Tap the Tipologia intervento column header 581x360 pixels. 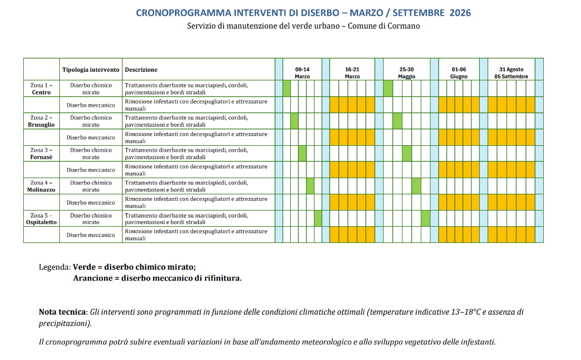(x=91, y=70)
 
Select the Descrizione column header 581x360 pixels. (x=141, y=70)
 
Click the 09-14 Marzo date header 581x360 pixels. (x=302, y=73)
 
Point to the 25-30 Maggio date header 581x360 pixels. (x=407, y=73)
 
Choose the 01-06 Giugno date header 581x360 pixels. (x=459, y=73)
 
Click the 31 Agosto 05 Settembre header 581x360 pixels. (x=511, y=73)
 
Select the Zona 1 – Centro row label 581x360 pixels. (x=41, y=89)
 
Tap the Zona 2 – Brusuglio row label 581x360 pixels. (x=41, y=121)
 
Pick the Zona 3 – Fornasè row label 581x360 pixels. (x=41, y=153)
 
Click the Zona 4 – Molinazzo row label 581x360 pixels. (x=41, y=186)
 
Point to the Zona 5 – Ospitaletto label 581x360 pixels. (x=41, y=219)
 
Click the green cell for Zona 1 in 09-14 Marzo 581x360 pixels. (x=286, y=89)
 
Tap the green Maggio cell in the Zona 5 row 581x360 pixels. (x=425, y=219)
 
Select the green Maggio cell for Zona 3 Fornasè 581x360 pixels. (x=407, y=153)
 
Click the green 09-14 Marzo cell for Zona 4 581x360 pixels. (x=310, y=186)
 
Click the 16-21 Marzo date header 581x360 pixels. (x=352, y=73)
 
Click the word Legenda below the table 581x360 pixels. (x=54, y=267)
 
